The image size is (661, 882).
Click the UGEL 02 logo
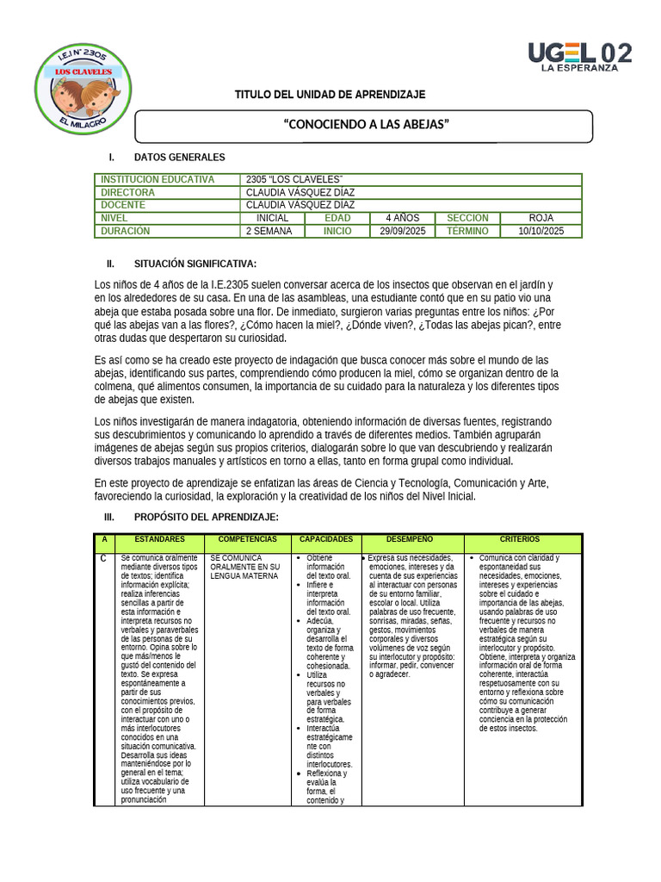(579, 56)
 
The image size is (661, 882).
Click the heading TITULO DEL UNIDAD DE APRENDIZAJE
(330, 94)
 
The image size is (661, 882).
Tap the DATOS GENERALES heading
(179, 158)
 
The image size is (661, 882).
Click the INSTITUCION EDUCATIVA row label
(157, 179)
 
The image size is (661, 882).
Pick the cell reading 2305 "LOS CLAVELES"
(294, 179)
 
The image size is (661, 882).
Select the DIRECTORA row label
(127, 192)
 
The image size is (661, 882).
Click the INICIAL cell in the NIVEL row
(272, 218)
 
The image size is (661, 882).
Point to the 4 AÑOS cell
(402, 218)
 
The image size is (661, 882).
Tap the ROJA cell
(541, 218)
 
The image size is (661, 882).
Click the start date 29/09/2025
(402, 231)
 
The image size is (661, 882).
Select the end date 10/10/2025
(541, 231)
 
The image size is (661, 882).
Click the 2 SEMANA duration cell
(269, 231)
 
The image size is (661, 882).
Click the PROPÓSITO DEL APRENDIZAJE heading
(206, 517)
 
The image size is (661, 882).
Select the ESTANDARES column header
(159, 539)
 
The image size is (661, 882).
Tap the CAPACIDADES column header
(326, 539)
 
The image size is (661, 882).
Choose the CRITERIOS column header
(523, 539)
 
